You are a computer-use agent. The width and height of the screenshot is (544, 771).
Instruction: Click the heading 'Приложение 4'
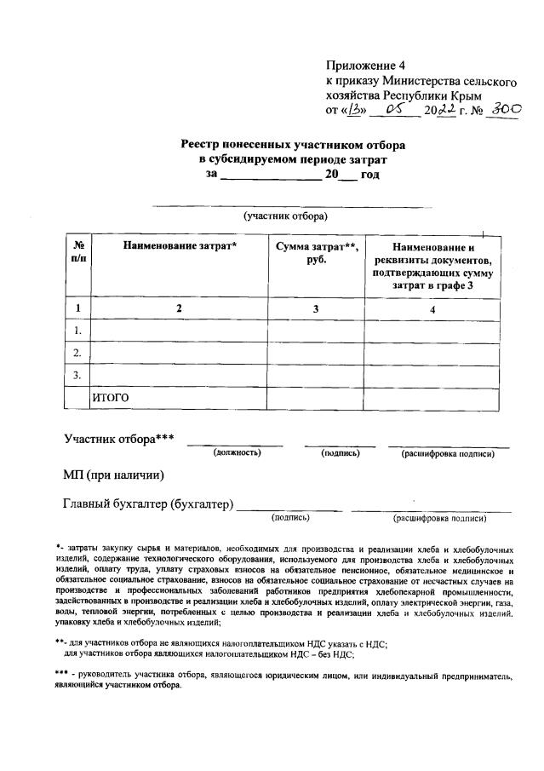tap(361, 66)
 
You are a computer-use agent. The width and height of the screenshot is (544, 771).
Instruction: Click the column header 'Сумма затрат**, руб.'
tap(315, 253)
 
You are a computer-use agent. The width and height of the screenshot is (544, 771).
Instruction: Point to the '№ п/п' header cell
tap(78, 253)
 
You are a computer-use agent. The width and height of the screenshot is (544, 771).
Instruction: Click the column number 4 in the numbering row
tap(432, 309)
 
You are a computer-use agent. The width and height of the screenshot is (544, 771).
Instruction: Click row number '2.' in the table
tap(77, 353)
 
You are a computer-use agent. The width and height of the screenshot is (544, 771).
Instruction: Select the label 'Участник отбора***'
tap(119, 440)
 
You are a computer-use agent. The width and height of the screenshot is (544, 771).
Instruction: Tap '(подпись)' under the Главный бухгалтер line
tap(290, 517)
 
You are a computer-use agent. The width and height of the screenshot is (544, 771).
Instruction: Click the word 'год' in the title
tap(369, 175)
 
